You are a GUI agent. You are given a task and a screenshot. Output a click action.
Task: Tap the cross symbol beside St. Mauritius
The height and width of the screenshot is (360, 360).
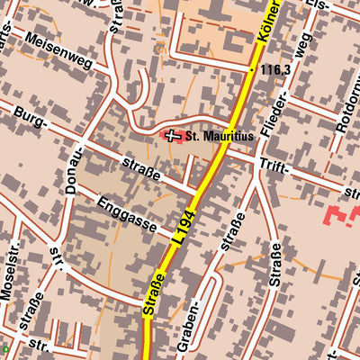click(x=173, y=135)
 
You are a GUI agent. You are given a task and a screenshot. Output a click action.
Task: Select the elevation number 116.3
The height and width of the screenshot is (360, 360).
click(x=274, y=68)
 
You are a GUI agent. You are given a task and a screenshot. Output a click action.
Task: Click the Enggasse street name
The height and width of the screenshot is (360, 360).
click(x=129, y=208)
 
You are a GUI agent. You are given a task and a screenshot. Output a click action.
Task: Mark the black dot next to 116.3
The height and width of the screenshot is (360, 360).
click(x=252, y=68)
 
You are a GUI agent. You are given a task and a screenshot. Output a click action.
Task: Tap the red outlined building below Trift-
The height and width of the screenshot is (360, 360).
click(x=337, y=216)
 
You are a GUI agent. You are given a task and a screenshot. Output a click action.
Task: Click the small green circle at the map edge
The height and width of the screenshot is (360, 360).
click(x=4, y=349)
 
